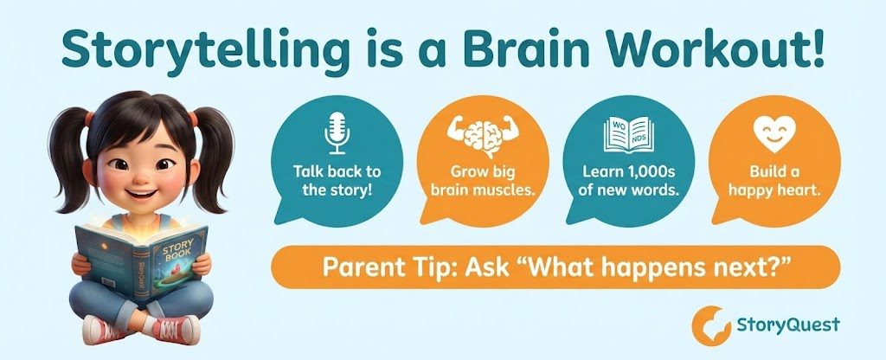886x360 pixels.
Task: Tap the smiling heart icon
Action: [x=773, y=132]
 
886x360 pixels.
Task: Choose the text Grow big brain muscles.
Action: [x=483, y=179]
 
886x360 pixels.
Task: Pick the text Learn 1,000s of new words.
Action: [x=628, y=179]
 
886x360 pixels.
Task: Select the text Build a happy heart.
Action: [x=773, y=179]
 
